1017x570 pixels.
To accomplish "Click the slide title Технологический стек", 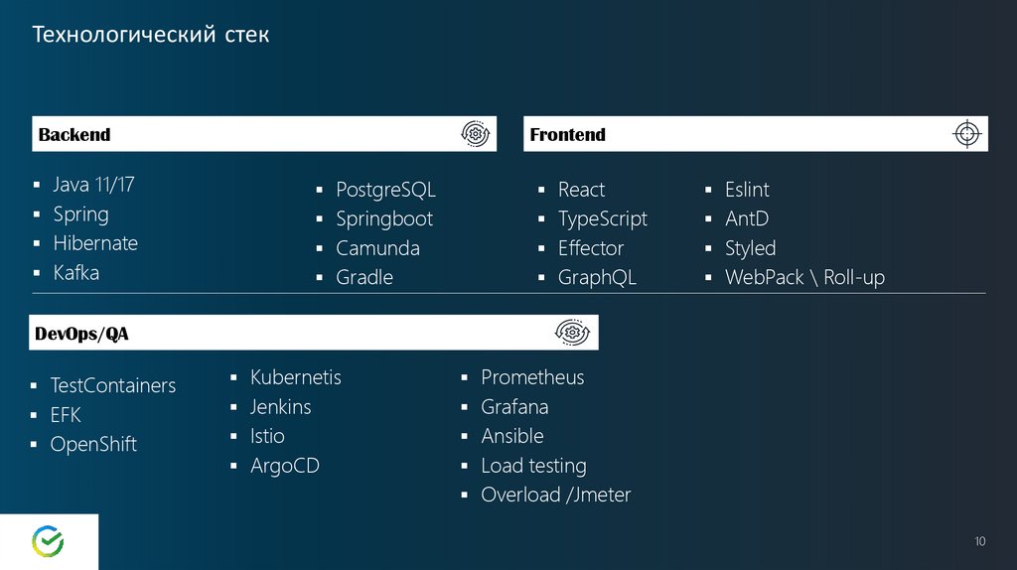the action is [x=151, y=35].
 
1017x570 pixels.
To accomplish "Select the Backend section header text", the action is [x=74, y=135].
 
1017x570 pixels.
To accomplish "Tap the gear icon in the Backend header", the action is [x=476, y=134].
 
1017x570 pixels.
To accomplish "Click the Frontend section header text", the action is [x=567, y=135].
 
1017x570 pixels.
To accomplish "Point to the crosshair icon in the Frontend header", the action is [x=967, y=134].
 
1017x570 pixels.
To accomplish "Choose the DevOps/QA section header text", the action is [x=81, y=334].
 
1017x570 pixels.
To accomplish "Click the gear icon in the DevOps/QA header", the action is [x=572, y=332].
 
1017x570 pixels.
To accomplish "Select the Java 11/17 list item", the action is [x=93, y=185].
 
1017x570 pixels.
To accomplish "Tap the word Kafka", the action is [x=75, y=273].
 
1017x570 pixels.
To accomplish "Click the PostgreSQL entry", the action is [x=385, y=190].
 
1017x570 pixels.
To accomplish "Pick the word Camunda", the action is [x=377, y=248].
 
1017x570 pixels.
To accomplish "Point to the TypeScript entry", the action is [x=603, y=219].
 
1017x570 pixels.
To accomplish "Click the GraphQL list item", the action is [x=597, y=277].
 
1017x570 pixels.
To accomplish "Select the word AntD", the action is [x=747, y=219].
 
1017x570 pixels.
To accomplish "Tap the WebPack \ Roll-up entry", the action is [x=804, y=277].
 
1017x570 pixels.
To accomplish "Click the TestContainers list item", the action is [x=113, y=386].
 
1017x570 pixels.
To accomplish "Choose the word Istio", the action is [x=267, y=436].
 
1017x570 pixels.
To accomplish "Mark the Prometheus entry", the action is [x=532, y=377].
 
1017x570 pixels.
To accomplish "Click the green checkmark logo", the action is [x=48, y=541].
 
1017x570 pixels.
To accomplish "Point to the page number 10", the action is [x=980, y=541].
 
